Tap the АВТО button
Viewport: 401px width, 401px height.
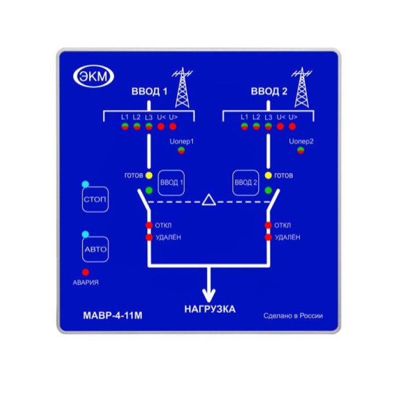click(95, 249)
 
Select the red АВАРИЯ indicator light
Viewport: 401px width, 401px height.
click(85, 272)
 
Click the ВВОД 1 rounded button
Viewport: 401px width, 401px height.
click(171, 182)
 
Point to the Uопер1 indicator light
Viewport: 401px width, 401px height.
click(181, 150)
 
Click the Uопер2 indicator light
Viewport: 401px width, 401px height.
click(301, 150)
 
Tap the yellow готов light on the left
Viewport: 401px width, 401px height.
click(149, 175)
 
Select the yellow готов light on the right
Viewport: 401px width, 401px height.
click(269, 175)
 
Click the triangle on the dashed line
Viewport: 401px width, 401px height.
click(209, 200)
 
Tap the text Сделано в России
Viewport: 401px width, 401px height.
click(293, 316)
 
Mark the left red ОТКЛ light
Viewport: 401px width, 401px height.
click(149, 225)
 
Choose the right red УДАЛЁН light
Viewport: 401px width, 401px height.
click(269, 237)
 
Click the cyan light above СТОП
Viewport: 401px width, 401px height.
click(85, 184)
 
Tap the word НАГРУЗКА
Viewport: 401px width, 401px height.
click(210, 309)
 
